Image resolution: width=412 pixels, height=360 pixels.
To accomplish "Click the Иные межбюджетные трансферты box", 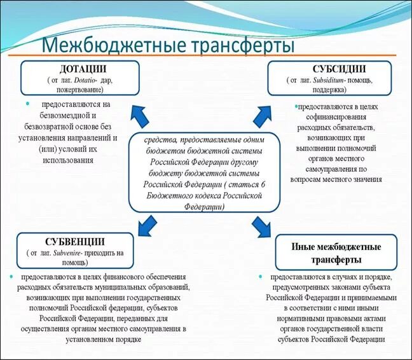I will point(336,253).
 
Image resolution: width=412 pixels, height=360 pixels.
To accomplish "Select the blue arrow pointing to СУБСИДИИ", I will point(262,114).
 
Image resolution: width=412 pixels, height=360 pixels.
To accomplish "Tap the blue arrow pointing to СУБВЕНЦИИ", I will point(147,224).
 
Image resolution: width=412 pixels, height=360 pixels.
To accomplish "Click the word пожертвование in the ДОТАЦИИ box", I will point(80,90).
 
